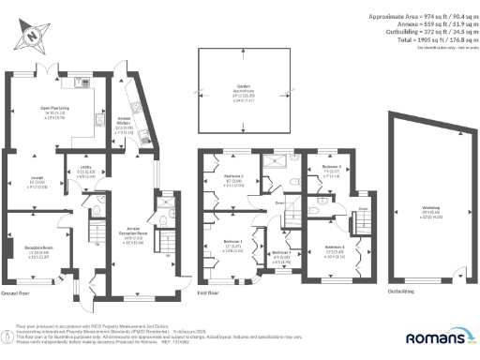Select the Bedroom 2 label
232,176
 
